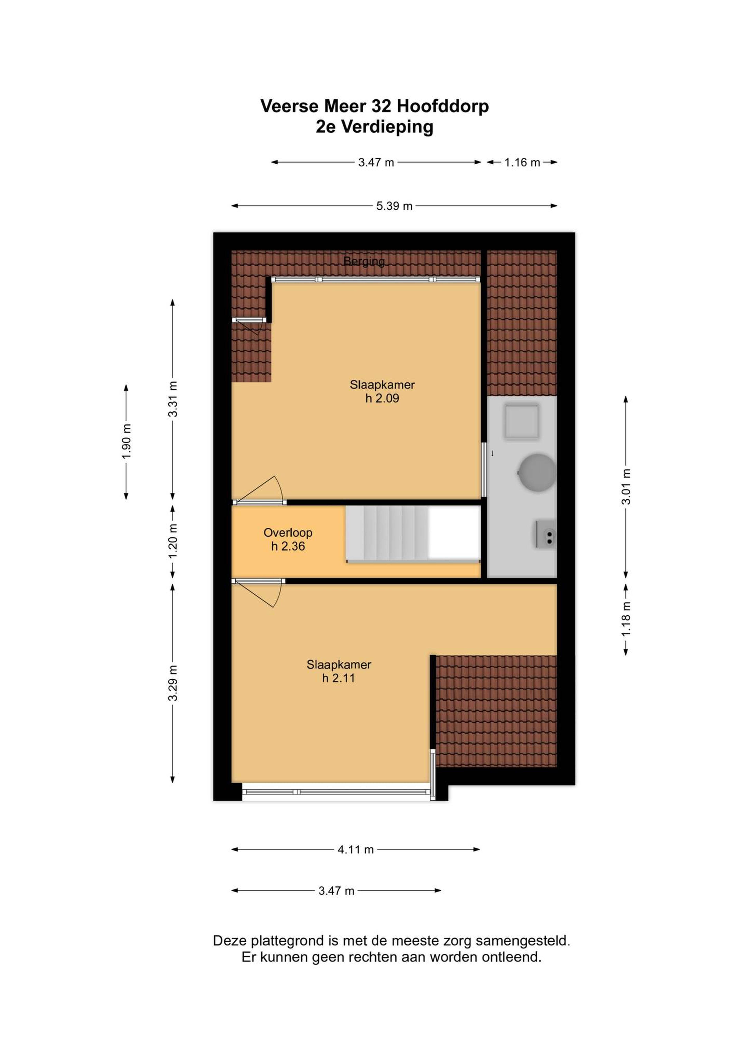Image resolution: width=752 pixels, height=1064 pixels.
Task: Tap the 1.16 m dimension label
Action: click(522, 162)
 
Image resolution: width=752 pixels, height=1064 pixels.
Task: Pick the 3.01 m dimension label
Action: click(626, 487)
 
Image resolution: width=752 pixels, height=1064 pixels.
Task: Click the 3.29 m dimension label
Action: click(172, 683)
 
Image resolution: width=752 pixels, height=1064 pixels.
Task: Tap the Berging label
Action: click(364, 261)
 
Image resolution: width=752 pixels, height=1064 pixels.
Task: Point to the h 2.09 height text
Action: click(382, 398)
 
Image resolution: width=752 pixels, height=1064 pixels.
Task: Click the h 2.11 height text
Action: click(339, 678)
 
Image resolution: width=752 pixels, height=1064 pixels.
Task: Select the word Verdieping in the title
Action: click(387, 127)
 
